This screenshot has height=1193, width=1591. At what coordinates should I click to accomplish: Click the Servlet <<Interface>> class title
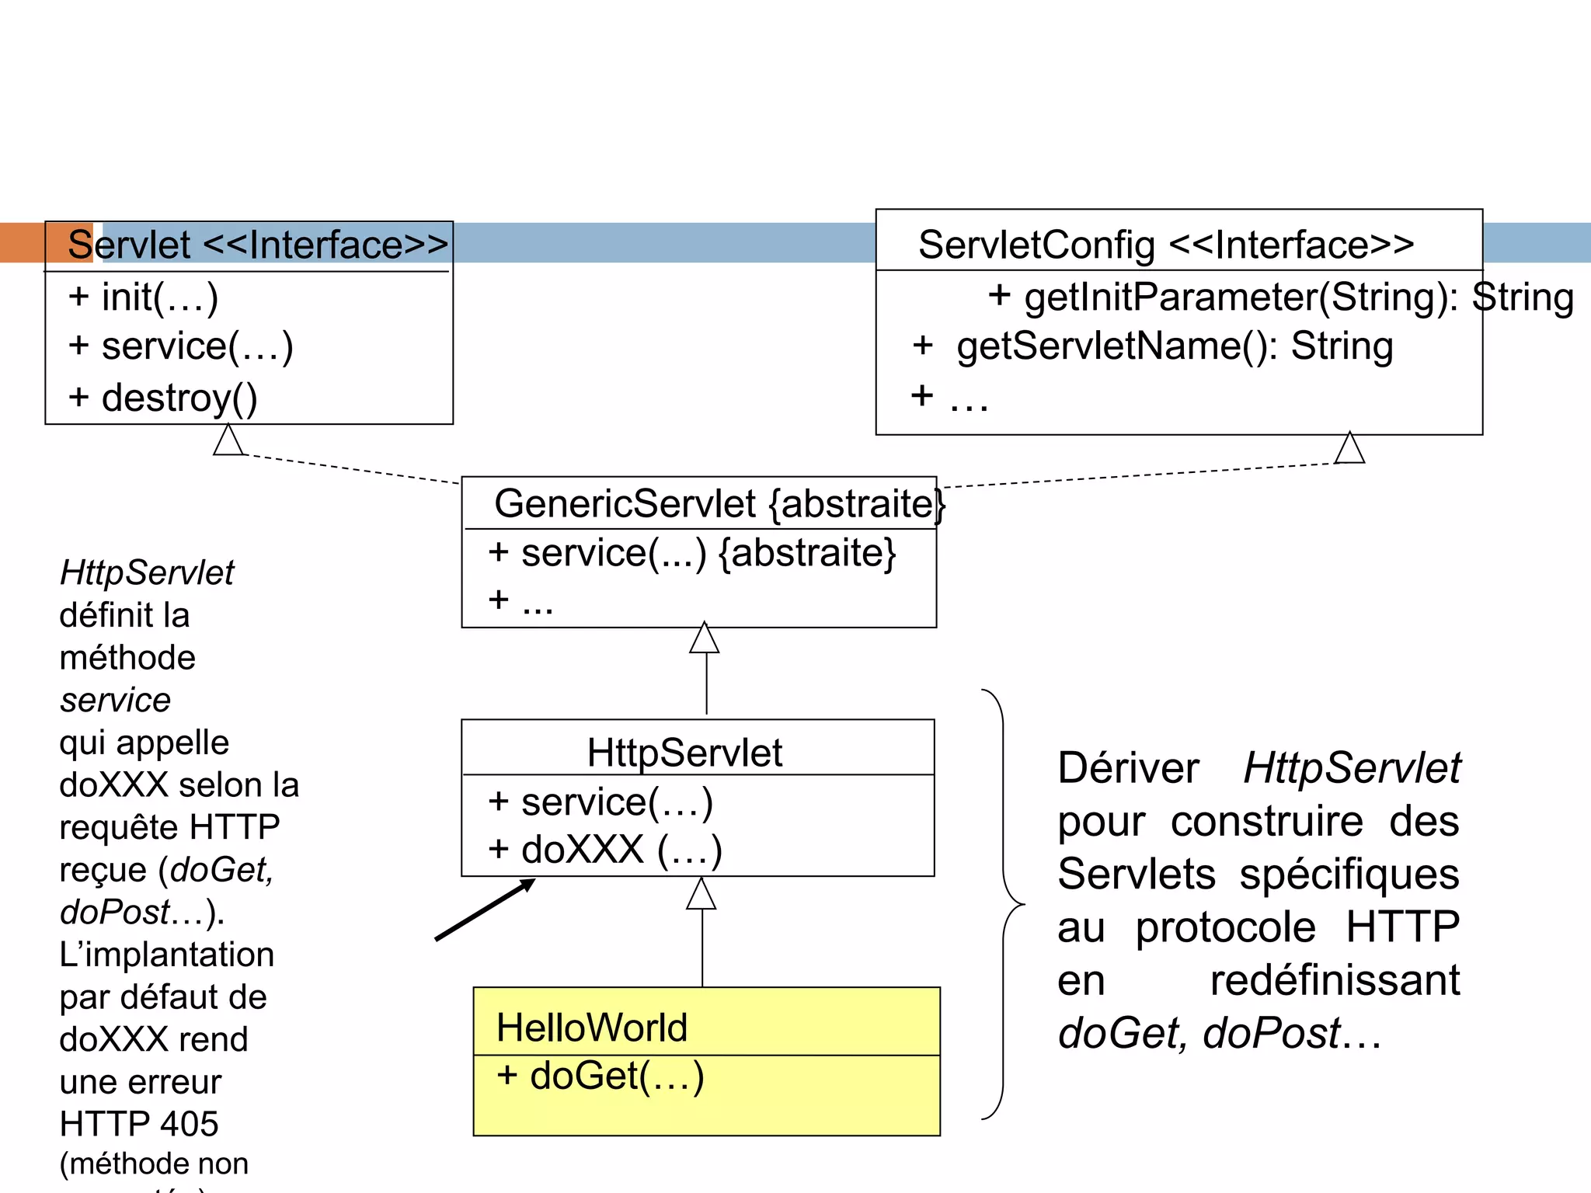click(257, 245)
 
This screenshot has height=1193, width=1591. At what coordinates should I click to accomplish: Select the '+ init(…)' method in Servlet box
click(143, 297)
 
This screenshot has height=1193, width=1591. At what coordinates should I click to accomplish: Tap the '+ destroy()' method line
click(163, 398)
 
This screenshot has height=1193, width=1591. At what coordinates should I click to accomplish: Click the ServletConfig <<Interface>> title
click(1165, 245)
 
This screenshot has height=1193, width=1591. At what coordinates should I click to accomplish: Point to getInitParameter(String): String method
click(1280, 297)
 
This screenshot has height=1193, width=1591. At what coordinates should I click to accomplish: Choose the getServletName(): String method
click(1153, 346)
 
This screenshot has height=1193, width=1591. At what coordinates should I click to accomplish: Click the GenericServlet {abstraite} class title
click(719, 503)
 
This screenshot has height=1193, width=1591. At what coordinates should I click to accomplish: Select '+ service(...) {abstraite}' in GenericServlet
click(691, 553)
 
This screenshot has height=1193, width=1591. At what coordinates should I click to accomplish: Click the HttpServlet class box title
click(684, 752)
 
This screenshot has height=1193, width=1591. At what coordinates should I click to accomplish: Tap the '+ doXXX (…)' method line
click(604, 850)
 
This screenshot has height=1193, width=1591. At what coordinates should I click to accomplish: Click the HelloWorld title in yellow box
click(592, 1028)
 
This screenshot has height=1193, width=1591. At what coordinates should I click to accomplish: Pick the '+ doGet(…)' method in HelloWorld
click(601, 1076)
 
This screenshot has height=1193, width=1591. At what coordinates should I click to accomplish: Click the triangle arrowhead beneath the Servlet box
click(228, 440)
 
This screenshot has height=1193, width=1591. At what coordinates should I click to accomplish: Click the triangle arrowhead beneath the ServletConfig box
click(1349, 448)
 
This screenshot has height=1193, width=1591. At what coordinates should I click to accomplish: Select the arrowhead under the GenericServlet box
click(705, 638)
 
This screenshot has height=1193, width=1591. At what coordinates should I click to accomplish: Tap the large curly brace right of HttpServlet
click(1004, 904)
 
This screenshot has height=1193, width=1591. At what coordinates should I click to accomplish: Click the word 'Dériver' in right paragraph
click(1128, 768)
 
